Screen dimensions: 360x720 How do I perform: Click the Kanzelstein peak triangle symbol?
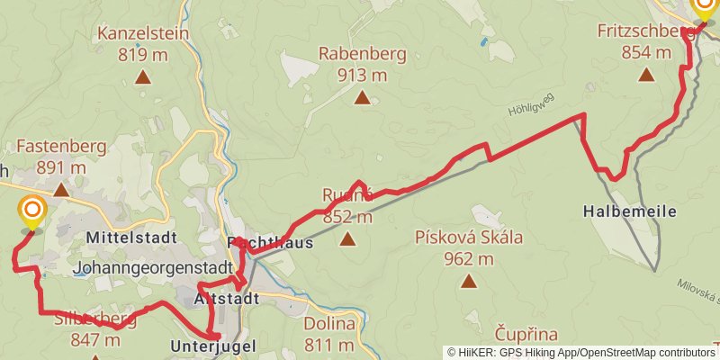[142, 77]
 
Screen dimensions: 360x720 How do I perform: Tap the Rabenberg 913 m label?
[362, 65]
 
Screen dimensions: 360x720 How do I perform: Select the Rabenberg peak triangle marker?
[362, 98]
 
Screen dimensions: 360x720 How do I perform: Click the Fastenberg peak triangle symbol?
[61, 190]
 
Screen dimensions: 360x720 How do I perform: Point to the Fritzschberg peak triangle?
[646, 75]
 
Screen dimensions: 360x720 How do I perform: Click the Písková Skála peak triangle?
[468, 282]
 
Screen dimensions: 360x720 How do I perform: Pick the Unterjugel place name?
[213, 346]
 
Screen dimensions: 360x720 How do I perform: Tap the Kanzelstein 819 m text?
[143, 44]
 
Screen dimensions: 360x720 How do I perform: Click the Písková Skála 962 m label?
[468, 248]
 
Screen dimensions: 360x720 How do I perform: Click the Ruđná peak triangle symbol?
[347, 239]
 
